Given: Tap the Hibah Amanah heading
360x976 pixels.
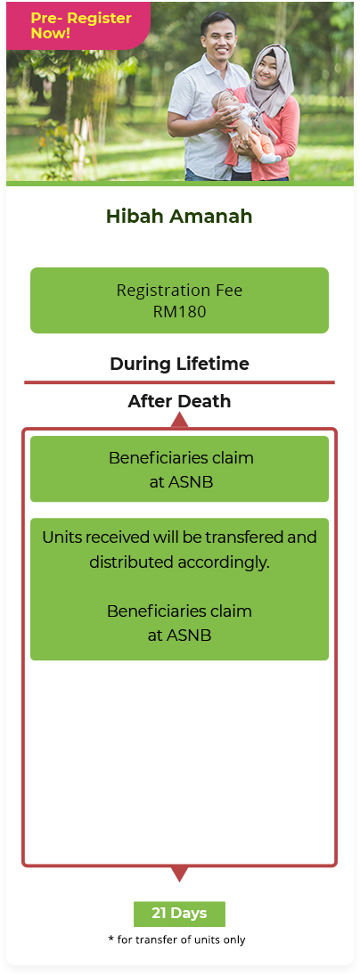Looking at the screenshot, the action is coord(179,216).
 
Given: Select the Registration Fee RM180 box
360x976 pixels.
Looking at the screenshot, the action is coord(179,300).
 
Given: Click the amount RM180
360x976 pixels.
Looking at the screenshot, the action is coord(179,311).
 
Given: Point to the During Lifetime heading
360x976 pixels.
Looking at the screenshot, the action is coord(179,364).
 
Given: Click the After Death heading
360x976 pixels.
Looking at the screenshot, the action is coord(179,401).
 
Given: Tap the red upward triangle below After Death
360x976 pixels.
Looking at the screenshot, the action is coord(179,420).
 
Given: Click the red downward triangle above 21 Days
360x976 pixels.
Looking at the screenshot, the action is coord(179,873).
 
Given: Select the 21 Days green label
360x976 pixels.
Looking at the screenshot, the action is coord(179,914).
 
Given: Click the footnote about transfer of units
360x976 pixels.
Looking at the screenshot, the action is coord(176,939).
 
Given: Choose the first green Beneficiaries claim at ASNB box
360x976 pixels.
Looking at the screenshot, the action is coord(179,469).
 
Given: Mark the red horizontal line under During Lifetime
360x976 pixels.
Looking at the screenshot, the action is coord(179,382).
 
